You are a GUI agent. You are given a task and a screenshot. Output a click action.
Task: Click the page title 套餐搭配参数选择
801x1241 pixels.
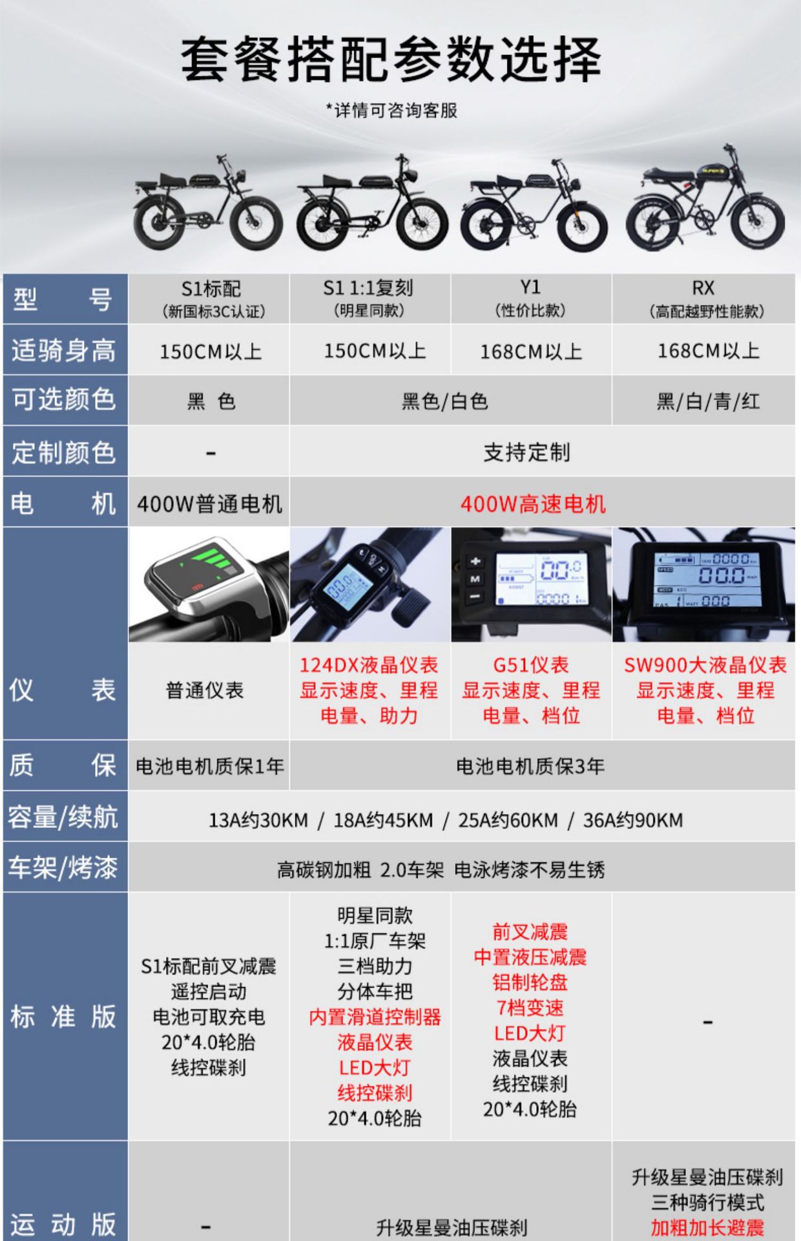coord(391,60)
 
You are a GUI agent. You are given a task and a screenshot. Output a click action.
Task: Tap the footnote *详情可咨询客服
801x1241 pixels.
coord(391,111)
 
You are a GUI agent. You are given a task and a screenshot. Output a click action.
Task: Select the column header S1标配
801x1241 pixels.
coord(211,289)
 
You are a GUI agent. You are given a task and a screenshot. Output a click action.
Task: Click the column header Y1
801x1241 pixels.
coord(530,288)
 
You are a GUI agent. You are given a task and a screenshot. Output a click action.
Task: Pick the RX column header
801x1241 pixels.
coord(703,288)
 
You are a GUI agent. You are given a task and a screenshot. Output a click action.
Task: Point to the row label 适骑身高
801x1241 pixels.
coord(64,350)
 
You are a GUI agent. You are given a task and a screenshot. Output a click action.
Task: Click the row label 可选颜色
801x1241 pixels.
coord(64,400)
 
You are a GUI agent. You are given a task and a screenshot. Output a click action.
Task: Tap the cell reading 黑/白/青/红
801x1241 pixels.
coord(708,402)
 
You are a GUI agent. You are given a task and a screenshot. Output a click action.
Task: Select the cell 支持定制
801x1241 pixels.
coord(527,452)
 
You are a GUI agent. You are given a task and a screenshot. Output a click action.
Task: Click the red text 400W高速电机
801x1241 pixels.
coord(534,504)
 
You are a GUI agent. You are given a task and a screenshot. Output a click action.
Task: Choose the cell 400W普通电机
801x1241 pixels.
coord(209,504)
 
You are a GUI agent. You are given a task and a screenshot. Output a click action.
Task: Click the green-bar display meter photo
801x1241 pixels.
coord(209,584)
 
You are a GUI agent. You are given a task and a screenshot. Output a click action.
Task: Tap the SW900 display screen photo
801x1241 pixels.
coord(703,584)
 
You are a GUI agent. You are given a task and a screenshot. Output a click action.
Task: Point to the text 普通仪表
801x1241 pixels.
coord(205,690)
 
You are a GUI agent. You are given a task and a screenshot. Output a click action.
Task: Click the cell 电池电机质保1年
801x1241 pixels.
coord(209,767)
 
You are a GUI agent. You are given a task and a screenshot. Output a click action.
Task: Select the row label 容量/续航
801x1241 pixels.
coord(64,817)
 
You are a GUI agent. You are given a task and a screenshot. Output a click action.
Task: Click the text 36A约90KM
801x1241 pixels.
coord(633,820)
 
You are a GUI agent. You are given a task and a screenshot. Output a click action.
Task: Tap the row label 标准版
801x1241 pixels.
coord(64,1017)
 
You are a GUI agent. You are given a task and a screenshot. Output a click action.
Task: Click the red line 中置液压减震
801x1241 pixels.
coord(530,957)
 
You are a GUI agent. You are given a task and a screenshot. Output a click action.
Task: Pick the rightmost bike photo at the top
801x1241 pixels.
coord(705,200)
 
